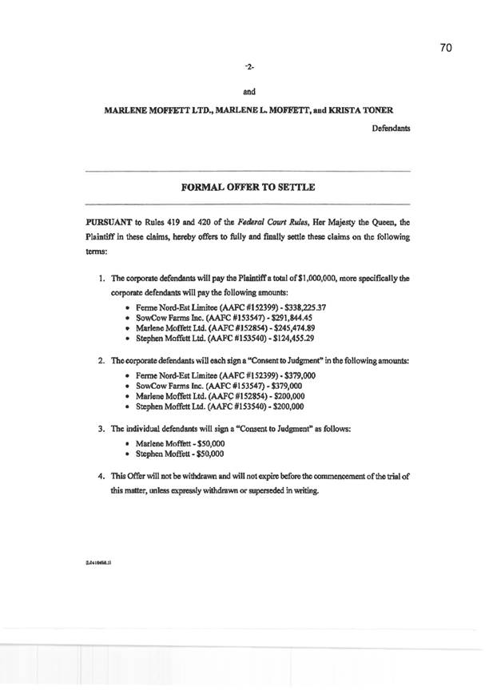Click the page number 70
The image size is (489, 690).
tap(446, 48)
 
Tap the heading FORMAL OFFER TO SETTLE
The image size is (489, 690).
tap(248, 187)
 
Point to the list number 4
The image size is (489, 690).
tap(100, 476)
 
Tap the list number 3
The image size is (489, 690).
tap(100, 428)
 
